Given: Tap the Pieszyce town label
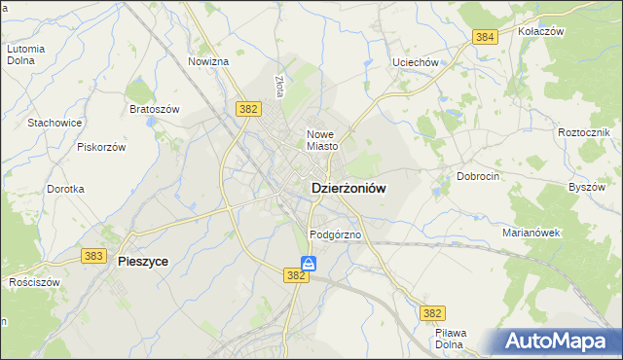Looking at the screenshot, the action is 142,261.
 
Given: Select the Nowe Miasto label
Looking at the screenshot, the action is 322,140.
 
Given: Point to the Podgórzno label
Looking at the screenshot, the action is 336,235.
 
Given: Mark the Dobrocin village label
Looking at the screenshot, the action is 478,177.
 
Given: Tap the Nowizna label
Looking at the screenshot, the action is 208,61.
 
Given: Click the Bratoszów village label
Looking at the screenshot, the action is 155,109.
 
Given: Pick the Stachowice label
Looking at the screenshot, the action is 55,123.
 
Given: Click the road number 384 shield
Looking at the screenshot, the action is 485,37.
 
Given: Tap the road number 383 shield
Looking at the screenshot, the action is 93,255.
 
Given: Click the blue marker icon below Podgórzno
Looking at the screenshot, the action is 308,263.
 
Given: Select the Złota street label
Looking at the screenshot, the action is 279,88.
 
